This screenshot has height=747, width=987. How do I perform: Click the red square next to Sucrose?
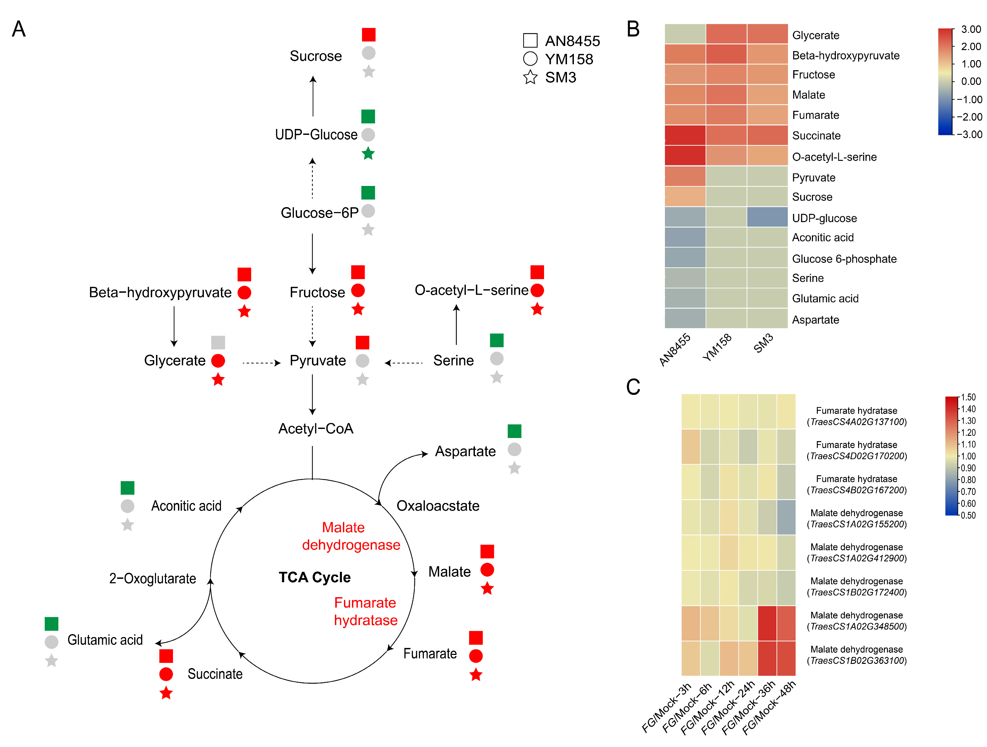369,34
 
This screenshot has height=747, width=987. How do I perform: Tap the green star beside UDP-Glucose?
368,154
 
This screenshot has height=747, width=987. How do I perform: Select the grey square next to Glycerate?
218,342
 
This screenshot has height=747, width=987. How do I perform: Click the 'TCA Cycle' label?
314,577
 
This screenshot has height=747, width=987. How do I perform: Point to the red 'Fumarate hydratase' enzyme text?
365,611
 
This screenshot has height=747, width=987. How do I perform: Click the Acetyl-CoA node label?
315,429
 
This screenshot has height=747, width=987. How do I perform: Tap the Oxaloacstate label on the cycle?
438,506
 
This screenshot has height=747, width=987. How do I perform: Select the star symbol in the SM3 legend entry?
530,77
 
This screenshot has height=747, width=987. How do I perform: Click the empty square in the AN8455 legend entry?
530,40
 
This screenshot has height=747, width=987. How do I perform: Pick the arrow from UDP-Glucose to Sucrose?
313,96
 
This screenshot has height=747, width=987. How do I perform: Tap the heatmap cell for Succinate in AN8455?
685,135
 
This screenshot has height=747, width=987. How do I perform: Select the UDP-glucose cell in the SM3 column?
767,217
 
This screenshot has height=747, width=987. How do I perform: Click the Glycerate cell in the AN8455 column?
685,34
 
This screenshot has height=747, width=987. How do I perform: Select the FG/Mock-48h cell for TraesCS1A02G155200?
786,517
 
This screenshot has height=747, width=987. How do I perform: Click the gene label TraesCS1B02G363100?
857,661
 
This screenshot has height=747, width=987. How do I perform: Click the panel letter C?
633,387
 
